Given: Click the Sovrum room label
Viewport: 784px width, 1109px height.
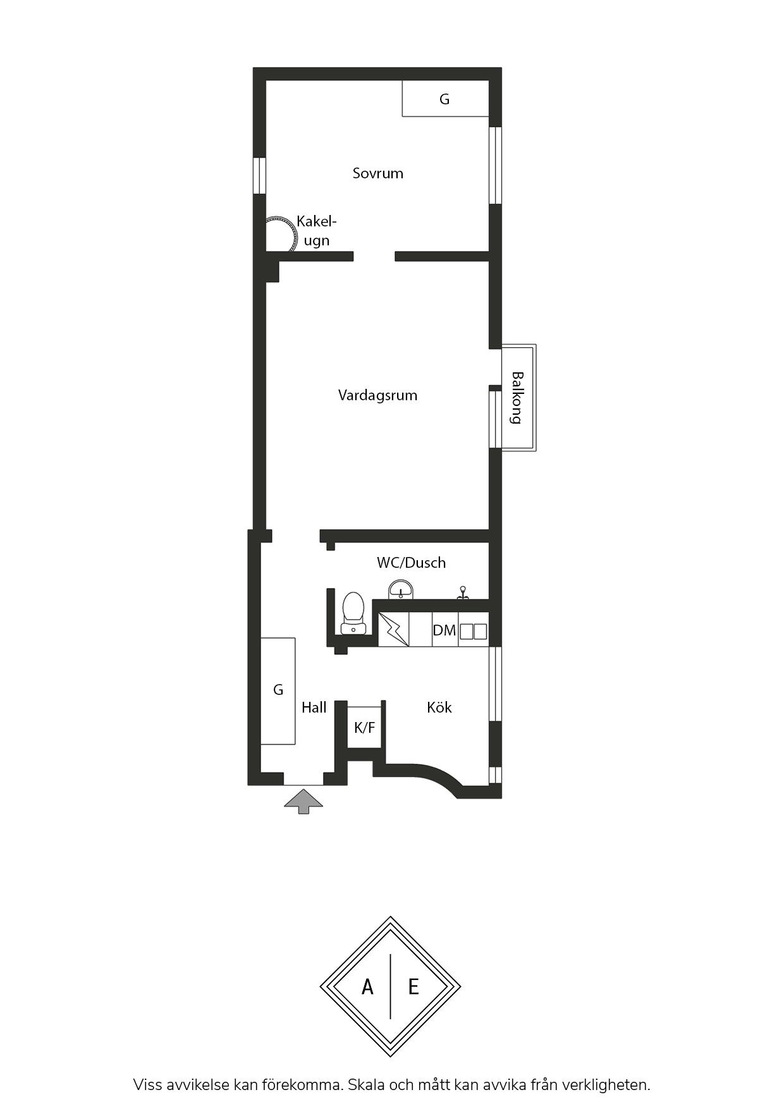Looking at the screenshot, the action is coord(377,173).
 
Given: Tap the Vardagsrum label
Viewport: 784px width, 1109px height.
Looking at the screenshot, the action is coord(377,396).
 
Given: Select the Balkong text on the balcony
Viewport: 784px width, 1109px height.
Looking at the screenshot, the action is coord(517,398).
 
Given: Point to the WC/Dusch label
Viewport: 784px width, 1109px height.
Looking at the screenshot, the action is coord(411,563).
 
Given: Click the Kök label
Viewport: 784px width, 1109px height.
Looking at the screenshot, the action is coord(439,707).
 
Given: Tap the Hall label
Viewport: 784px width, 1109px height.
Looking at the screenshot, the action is coord(314,708).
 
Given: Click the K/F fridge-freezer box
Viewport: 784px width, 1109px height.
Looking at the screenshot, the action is coord(364,727).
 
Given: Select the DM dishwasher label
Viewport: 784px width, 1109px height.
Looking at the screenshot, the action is coord(444,630).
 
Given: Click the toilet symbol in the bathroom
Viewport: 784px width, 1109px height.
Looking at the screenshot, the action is coord(353,613).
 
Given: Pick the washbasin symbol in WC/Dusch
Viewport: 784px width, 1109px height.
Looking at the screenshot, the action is coord(401,589).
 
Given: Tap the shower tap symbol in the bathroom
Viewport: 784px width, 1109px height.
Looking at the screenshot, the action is coord(463,592).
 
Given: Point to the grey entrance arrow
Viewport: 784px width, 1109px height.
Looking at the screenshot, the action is coord(303,800).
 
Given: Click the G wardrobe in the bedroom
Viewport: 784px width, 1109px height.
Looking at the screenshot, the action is coord(446,99).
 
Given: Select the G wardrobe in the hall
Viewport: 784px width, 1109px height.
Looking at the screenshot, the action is coord(278,691).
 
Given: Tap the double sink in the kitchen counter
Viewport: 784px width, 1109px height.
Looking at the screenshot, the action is coord(473,631).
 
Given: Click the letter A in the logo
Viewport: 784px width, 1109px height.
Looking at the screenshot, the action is coord(367,986).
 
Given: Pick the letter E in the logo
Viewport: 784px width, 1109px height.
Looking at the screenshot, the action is coord(413,986).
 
